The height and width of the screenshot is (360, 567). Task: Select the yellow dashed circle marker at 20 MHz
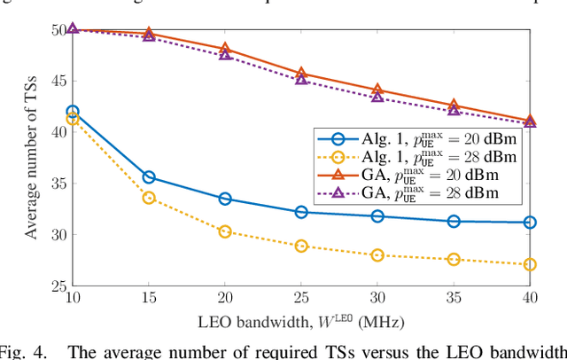(225, 231)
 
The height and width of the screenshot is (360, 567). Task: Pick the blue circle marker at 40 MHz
(530, 223)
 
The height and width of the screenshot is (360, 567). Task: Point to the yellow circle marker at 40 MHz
(530, 264)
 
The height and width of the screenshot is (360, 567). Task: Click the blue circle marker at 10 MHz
(73, 112)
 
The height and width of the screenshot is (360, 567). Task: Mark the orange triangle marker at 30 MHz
(377, 90)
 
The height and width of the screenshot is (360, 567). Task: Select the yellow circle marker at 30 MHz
(377, 255)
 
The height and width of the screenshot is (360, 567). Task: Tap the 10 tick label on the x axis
(73, 301)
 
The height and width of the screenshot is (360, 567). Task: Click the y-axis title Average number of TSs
(32, 158)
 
